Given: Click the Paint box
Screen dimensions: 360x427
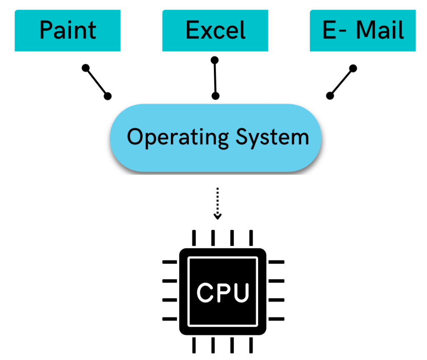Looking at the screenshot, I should [x=68, y=30].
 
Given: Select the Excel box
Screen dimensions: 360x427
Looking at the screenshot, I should [x=215, y=30].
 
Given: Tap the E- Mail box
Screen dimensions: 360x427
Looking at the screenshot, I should [x=363, y=30].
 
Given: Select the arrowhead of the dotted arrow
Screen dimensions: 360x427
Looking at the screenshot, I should [x=217, y=216].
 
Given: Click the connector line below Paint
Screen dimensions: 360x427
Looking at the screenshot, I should [x=97, y=82].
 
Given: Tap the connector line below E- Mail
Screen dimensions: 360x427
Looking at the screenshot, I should [x=342, y=82].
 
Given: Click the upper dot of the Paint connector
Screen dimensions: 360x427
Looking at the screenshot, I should [x=86, y=67].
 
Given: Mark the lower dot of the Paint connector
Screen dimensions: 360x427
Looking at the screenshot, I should [x=108, y=96].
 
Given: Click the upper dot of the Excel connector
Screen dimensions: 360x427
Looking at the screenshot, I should [x=215, y=60].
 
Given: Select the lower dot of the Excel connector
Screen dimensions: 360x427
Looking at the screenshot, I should [x=216, y=96].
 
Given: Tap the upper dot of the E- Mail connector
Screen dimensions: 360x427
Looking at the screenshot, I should [x=353, y=67].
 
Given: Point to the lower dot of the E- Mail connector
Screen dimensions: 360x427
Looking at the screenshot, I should [x=330, y=96].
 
